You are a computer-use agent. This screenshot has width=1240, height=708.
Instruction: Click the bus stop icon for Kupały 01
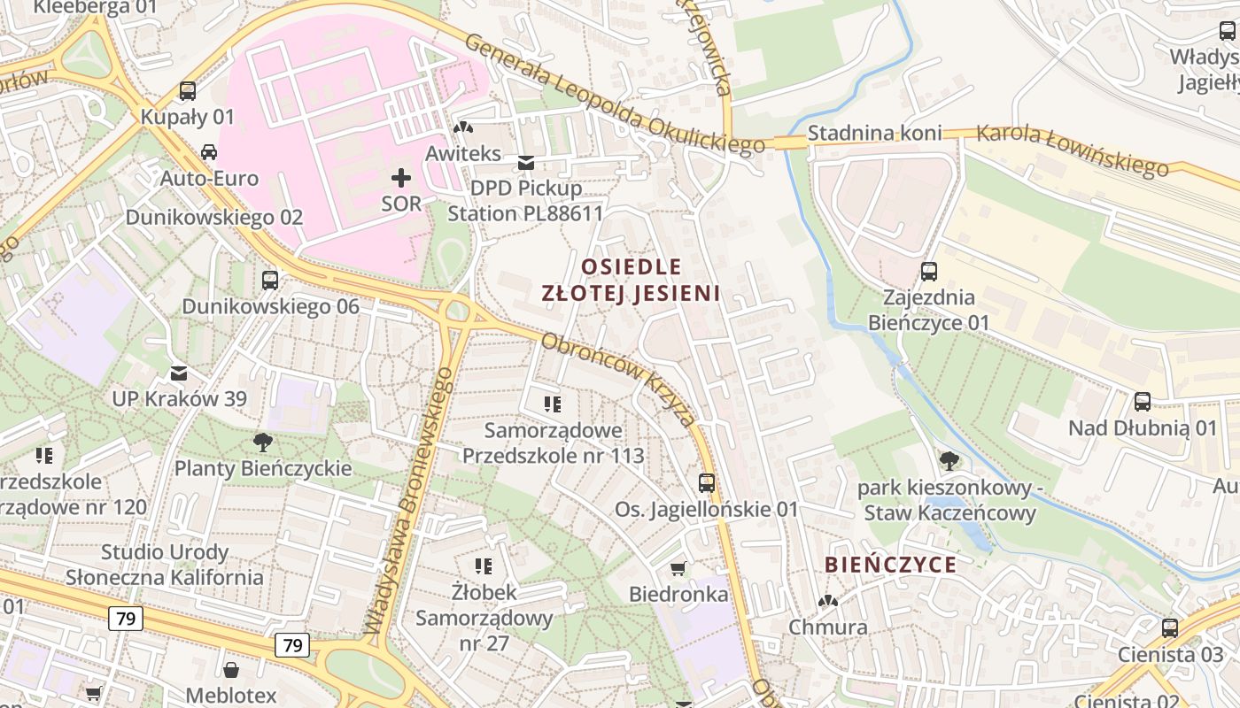187,90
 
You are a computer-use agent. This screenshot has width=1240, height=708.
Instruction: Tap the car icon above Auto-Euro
209,151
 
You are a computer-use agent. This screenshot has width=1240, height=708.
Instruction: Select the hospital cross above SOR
401,178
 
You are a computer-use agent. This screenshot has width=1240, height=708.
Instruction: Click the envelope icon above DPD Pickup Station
526,162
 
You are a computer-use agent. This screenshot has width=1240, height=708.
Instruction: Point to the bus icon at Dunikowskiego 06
270,281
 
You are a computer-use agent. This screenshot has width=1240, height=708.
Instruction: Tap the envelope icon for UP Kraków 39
179,373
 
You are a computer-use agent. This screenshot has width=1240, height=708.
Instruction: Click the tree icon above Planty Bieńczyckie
262,442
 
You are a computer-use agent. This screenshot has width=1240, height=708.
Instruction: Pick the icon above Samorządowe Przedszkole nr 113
554,405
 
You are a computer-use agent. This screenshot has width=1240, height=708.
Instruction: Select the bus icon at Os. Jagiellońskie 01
706,483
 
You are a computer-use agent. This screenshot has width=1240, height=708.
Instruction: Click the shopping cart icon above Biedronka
678,568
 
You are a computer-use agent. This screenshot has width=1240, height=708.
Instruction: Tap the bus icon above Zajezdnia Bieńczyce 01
928,272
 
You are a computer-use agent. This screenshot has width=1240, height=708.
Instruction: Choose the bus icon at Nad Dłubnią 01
1143,402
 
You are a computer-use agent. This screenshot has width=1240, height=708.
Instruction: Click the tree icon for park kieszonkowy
949,460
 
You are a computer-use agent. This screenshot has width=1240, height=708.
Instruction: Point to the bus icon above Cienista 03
1170,628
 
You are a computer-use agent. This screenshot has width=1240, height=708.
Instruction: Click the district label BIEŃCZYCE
890,565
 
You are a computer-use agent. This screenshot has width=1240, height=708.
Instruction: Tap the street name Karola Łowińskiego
1073,150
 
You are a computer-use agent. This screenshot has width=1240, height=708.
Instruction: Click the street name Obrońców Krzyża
618,379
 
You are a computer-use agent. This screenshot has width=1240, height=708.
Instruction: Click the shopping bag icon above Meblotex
231,670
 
